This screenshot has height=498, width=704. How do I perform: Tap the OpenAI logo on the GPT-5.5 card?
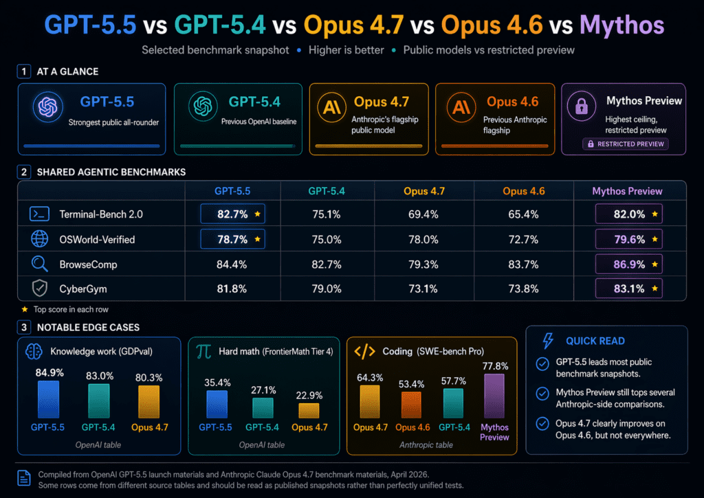click(47, 108)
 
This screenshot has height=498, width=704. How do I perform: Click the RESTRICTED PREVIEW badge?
click(625, 144)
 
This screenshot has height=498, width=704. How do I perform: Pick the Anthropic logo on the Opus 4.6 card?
click(460, 108)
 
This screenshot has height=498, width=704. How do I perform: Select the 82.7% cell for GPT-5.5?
click(232, 214)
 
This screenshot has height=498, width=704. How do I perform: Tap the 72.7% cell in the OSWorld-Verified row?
click(523, 239)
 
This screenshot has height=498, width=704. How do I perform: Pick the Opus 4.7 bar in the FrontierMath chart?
click(309, 410)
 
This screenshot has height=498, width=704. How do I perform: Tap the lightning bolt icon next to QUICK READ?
click(548, 341)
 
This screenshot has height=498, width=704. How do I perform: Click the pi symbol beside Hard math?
click(203, 352)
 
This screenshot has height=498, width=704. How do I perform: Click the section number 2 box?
click(24, 172)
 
